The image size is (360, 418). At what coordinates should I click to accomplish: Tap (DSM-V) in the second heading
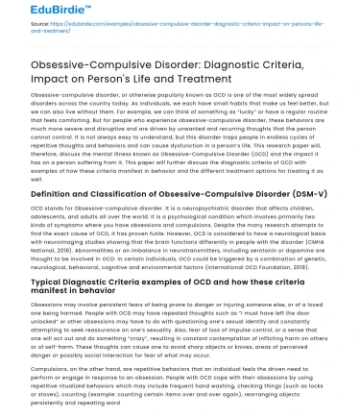click(x=304, y=195)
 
